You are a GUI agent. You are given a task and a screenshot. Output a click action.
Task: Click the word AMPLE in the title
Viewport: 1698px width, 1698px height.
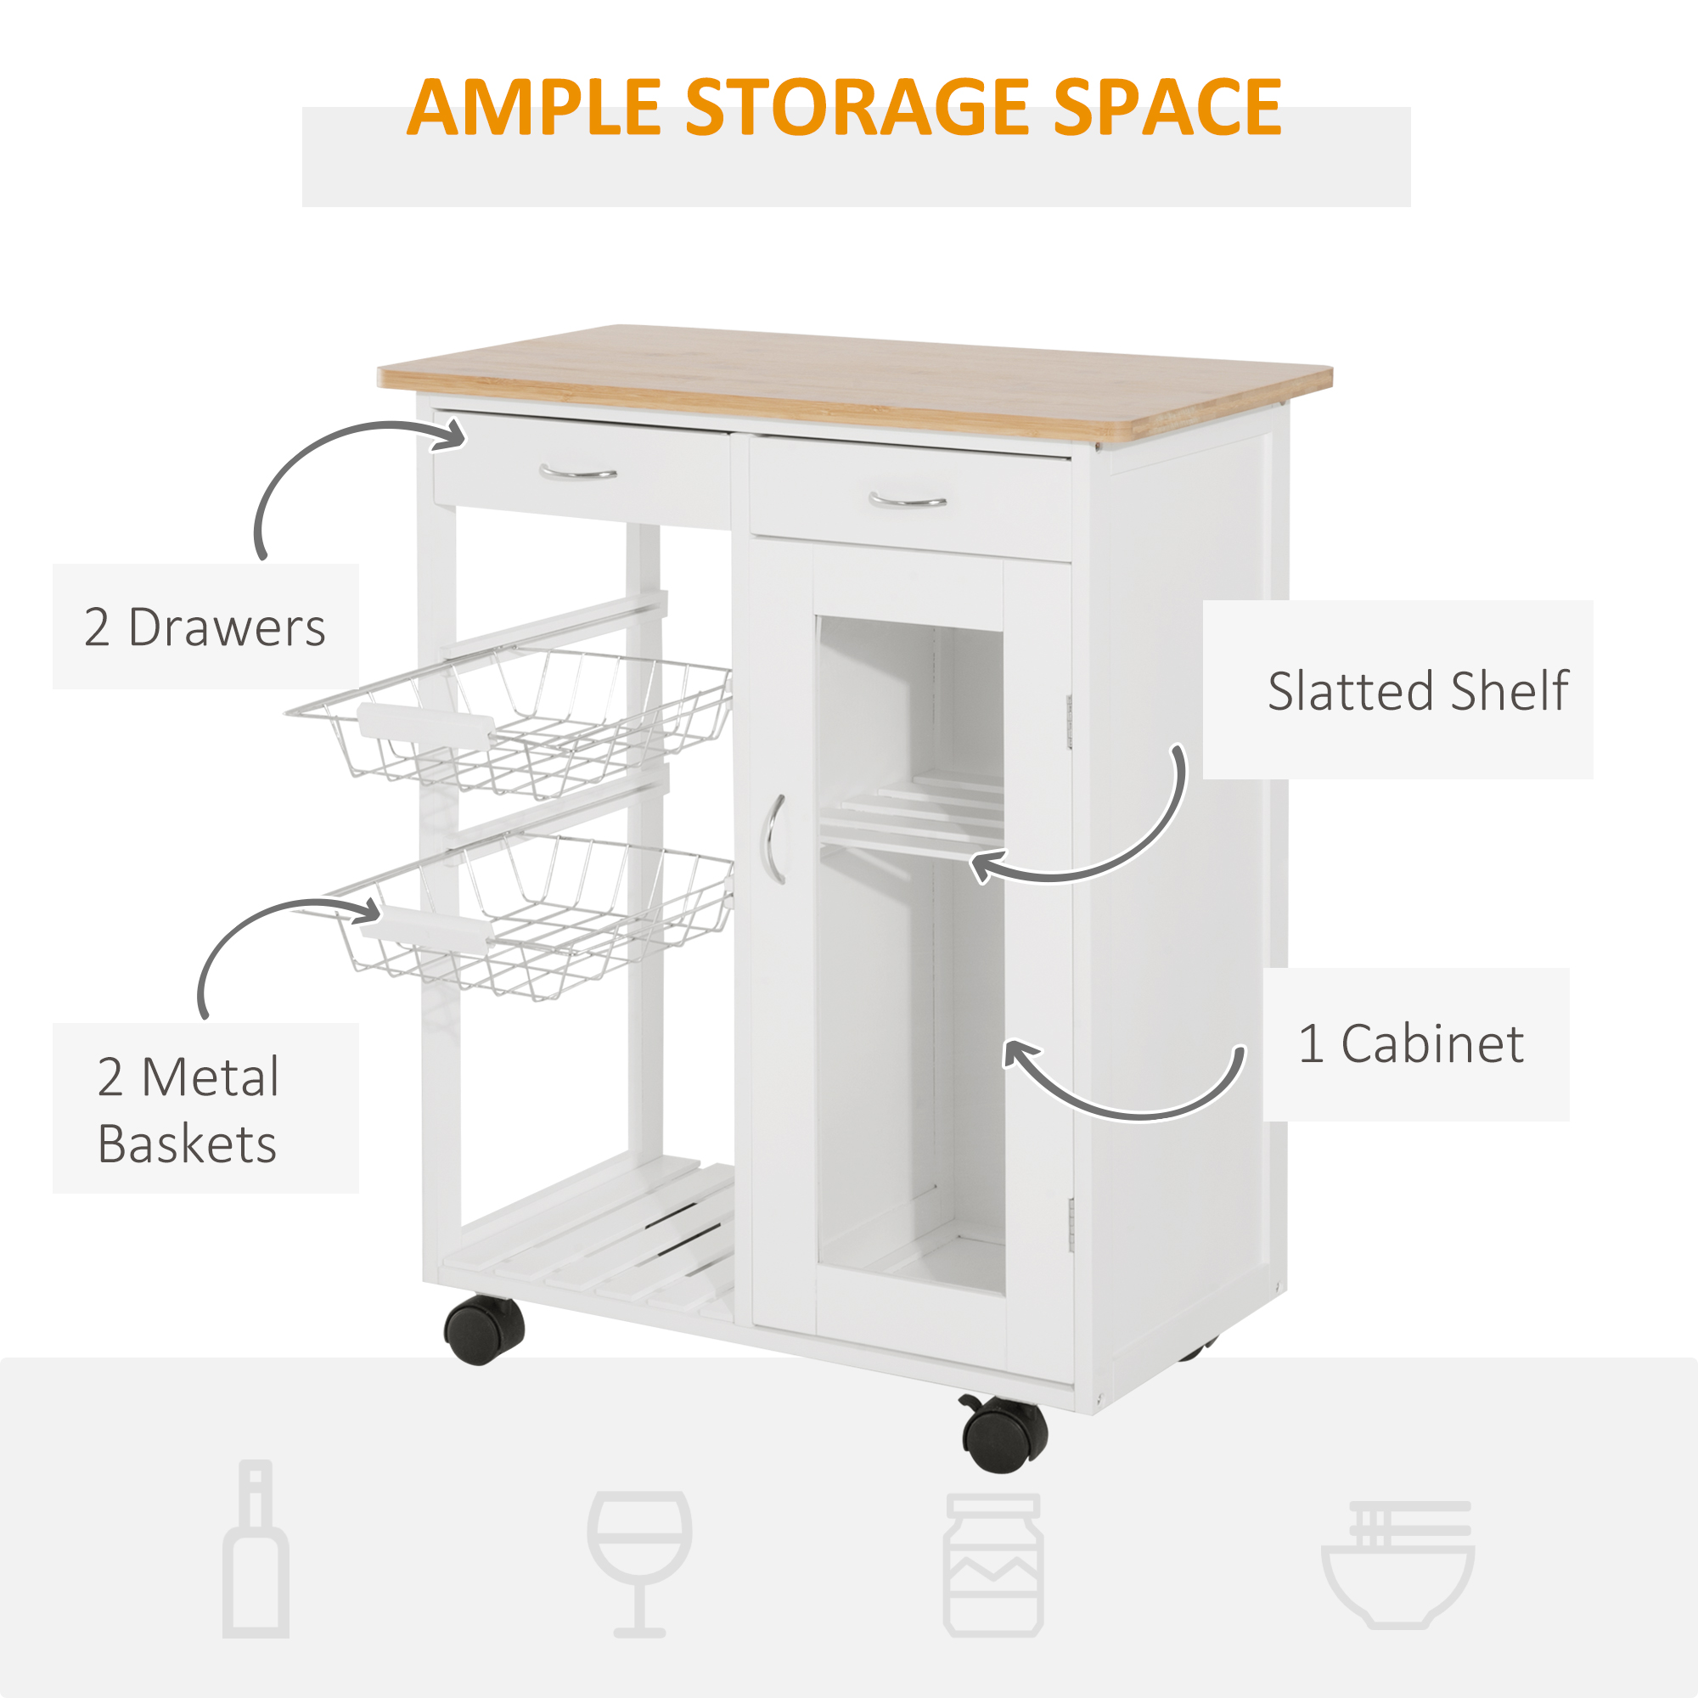point(533,107)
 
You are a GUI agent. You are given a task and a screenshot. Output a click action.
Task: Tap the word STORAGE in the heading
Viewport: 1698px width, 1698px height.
point(857,107)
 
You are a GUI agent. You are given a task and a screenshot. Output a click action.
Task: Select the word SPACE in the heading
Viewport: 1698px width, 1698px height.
point(1168,107)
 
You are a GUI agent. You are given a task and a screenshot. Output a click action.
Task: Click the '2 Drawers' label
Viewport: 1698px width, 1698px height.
point(205,627)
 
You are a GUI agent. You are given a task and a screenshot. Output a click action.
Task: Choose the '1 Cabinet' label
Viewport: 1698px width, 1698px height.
point(1412,1044)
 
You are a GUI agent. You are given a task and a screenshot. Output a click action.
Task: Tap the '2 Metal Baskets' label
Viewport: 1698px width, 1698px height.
point(188,1110)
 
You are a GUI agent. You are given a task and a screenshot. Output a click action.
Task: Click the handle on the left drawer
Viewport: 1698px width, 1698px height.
point(577,473)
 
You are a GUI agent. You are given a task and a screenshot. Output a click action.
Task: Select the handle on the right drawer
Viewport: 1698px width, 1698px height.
point(907,501)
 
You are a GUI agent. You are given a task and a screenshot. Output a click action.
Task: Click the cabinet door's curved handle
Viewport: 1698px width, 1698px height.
point(772,840)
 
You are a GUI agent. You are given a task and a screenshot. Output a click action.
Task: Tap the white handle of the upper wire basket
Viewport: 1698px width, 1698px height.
point(425,725)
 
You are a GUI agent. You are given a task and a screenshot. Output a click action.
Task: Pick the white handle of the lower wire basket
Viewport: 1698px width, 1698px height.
point(425,931)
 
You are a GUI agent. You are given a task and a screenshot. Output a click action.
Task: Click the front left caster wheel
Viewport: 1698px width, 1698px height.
point(483,1330)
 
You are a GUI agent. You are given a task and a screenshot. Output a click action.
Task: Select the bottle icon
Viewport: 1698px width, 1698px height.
point(256,1549)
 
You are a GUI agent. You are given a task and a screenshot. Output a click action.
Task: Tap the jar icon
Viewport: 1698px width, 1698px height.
point(993,1566)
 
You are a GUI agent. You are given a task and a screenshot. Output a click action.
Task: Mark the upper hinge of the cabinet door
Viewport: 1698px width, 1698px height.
point(1070,722)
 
